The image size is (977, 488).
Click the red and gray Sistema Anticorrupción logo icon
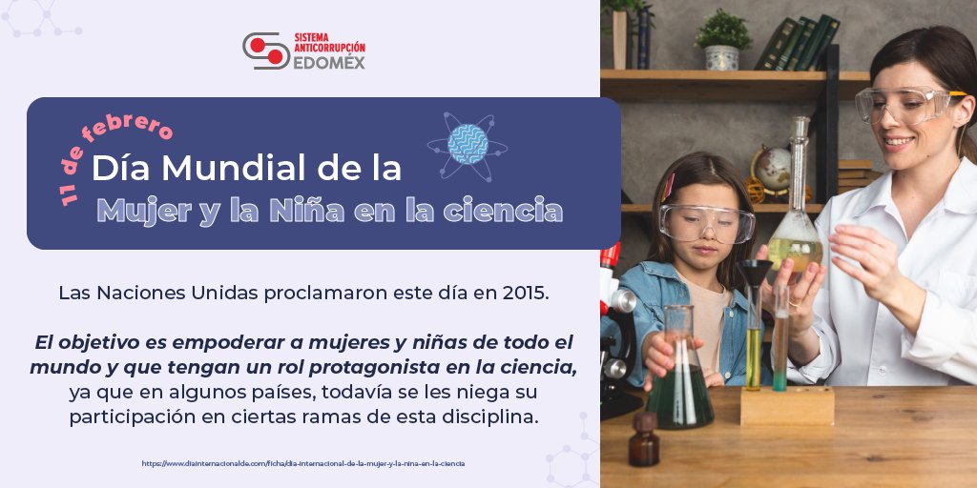(x=266, y=51)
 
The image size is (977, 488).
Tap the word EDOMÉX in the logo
(x=329, y=62)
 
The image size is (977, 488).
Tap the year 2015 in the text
(x=525, y=292)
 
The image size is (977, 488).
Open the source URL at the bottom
(x=303, y=463)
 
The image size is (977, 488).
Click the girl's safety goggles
(x=706, y=222)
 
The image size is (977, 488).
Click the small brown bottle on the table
(x=644, y=440)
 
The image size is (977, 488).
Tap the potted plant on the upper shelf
(x=722, y=41)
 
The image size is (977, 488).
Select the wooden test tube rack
(x=787, y=406)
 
